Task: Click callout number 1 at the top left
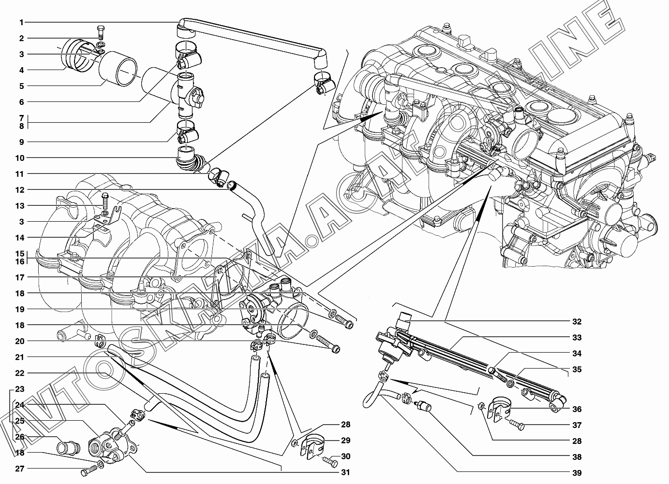(21, 22)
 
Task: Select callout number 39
(576, 473)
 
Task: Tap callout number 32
(576, 322)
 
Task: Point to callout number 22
(19, 373)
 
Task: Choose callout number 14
(19, 238)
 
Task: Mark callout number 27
(19, 468)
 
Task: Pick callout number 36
(576, 409)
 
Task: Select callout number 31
(345, 472)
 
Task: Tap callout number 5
(21, 86)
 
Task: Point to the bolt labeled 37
(516, 426)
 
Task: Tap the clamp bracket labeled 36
(498, 407)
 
